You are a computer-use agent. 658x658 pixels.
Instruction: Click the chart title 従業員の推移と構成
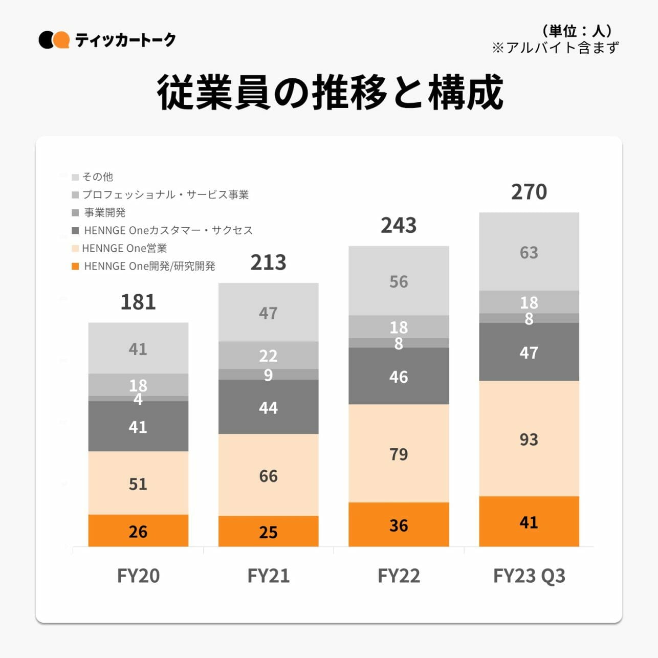coord(330,93)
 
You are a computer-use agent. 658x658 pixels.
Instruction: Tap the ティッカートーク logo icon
coord(54,40)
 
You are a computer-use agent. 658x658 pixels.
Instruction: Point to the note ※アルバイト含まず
coord(555,48)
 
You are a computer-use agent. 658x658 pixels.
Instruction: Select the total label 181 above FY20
coord(138,302)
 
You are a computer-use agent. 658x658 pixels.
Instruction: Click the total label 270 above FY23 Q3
coord(529,192)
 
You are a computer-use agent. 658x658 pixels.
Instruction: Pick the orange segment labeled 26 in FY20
coord(138,531)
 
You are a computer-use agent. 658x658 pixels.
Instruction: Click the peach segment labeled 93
coord(529,438)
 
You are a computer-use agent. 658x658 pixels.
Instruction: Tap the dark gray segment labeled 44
coord(268,407)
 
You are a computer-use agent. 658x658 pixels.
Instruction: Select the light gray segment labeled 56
coord(399,281)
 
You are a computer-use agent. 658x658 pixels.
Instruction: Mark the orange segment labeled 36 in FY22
coord(399,524)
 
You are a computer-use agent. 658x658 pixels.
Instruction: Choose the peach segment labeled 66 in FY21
coord(268,475)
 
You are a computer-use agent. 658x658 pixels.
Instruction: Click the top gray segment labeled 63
coord(529,252)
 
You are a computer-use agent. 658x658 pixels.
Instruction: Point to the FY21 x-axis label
coord(268,576)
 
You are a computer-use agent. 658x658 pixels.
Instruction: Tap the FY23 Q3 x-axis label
coord(529,576)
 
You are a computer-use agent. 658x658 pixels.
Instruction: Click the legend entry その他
coord(97,177)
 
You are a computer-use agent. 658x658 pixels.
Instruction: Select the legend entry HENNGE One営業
coord(124,249)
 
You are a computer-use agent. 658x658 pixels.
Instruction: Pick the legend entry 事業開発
coord(104,213)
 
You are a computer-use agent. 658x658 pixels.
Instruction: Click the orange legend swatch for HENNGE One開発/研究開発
coord(75,267)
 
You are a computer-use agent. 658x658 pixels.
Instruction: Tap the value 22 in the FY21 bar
coord(268,355)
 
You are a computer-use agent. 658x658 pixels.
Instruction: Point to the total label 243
coord(399,226)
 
